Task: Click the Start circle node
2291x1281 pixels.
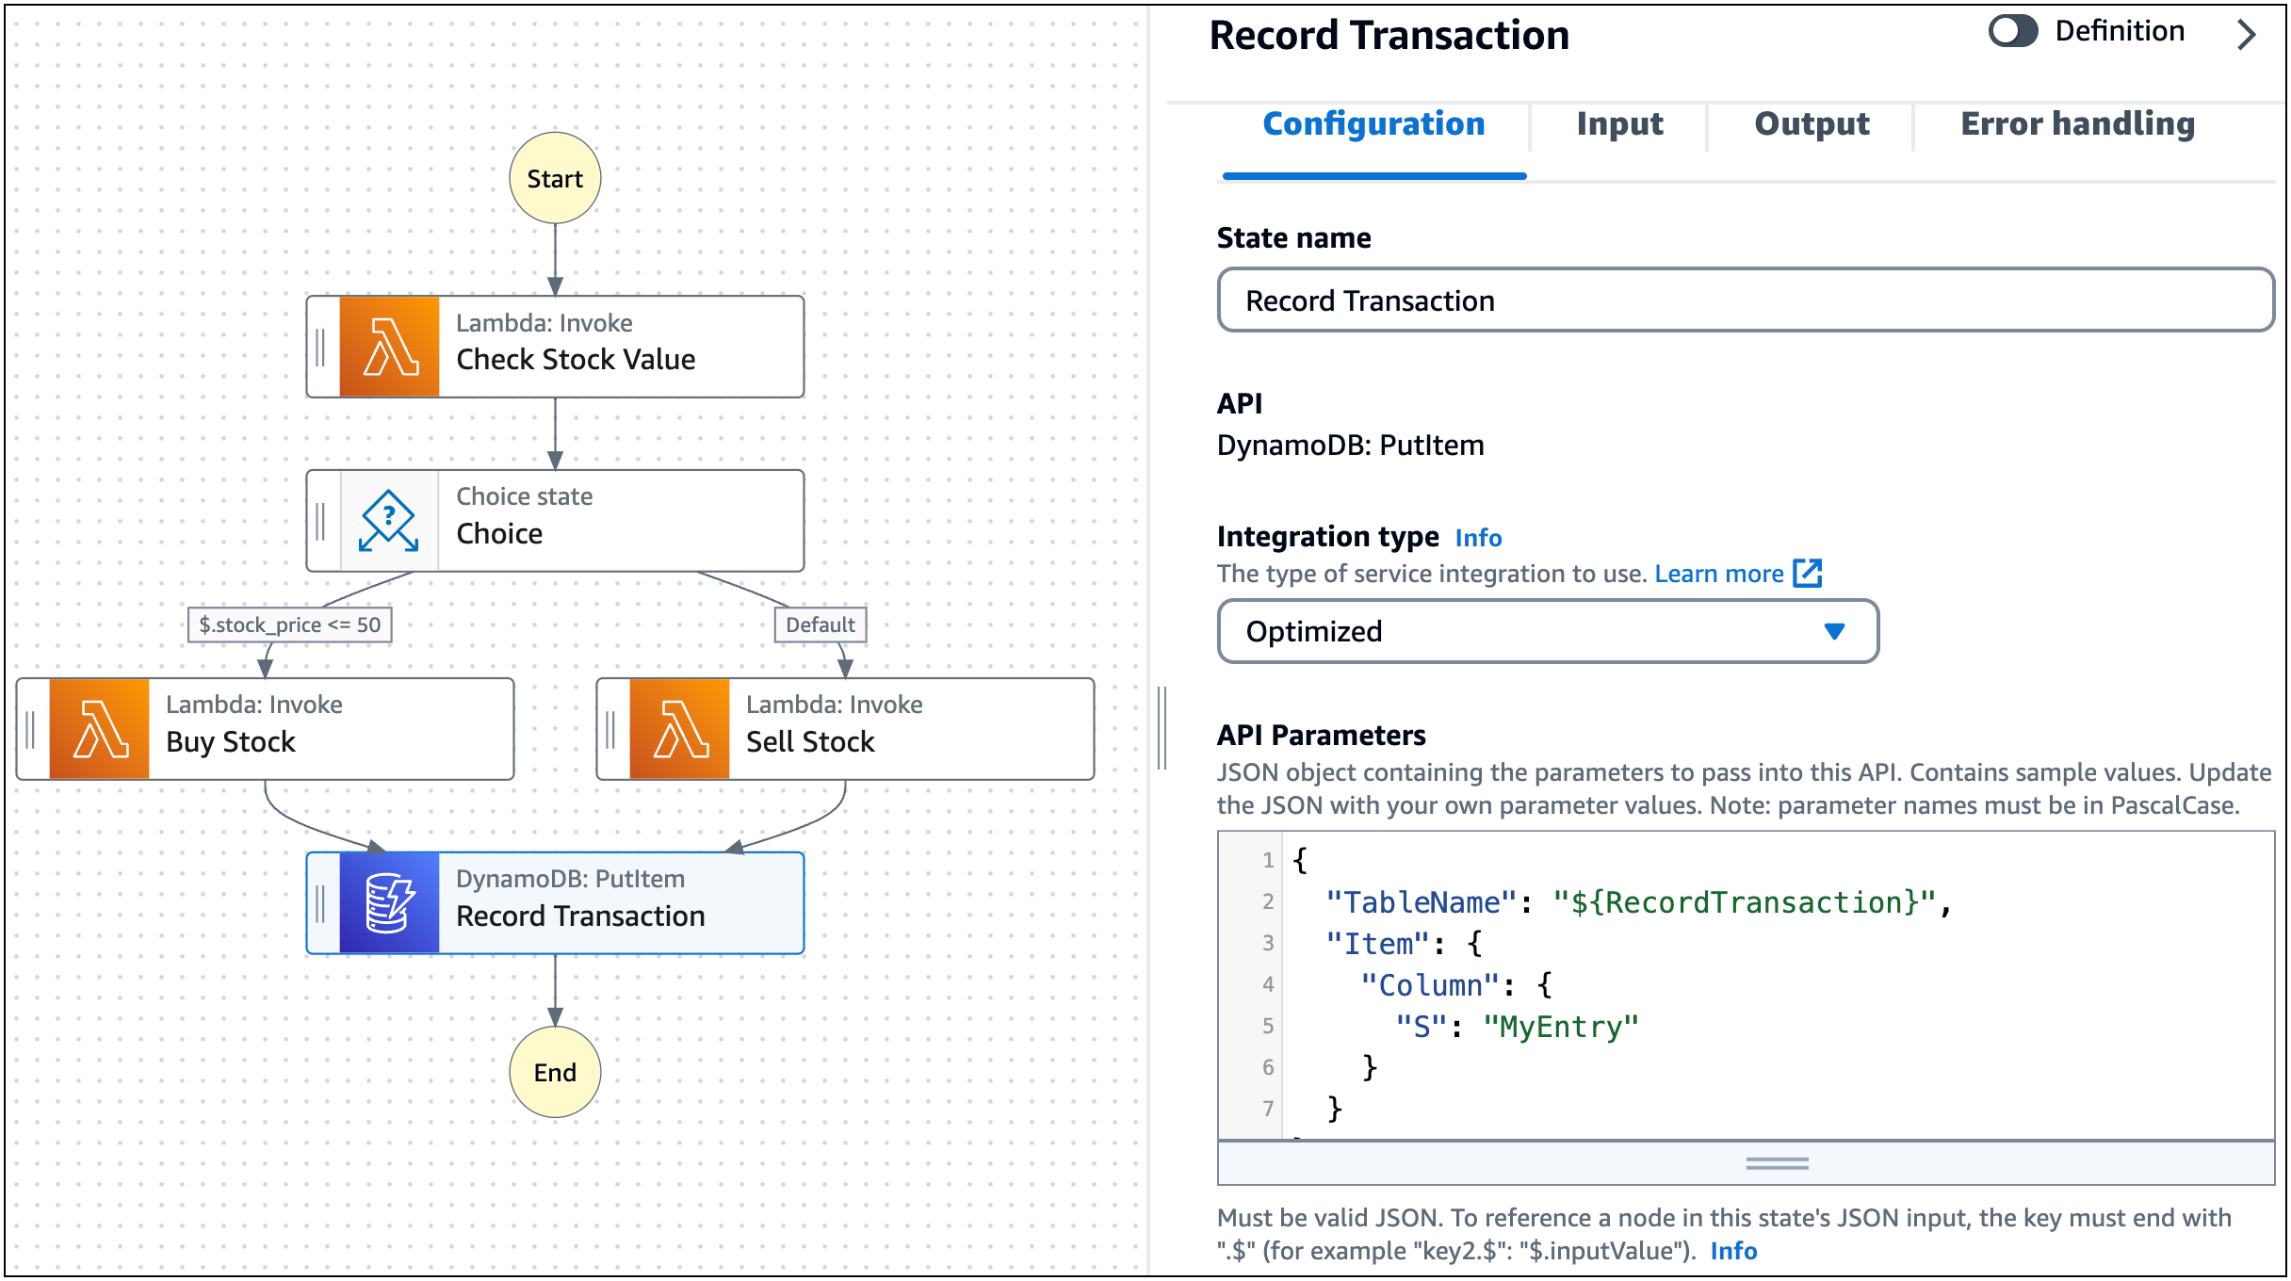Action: (555, 178)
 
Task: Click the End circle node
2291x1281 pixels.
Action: (555, 1072)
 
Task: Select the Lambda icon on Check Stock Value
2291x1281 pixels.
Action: (389, 347)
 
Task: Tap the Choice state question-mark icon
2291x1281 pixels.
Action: (389, 521)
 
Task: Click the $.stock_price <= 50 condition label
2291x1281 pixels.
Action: (289, 624)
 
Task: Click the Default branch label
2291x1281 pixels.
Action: (820, 624)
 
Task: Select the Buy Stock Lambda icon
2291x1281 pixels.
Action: (99, 729)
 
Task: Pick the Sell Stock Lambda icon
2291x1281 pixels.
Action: (679, 729)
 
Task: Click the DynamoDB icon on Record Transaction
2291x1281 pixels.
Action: (389, 903)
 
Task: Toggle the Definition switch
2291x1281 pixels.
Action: (2013, 31)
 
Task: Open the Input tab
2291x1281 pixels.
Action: (1619, 124)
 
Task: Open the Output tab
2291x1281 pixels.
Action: (1812, 124)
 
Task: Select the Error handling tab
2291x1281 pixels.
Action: (2077, 124)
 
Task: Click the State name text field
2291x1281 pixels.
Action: (1745, 300)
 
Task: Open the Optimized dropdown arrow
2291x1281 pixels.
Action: (1833, 631)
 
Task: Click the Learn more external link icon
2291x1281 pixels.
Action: (1807, 573)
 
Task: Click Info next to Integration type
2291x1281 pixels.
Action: (1478, 538)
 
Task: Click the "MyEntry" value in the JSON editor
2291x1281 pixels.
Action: (1561, 1027)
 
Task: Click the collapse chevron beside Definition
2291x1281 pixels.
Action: (2248, 35)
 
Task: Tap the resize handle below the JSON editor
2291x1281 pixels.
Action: (1777, 1164)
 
